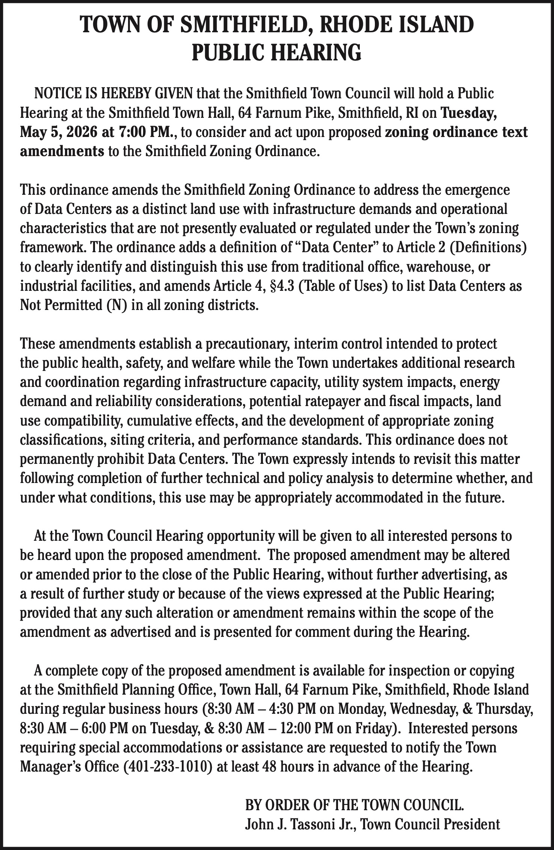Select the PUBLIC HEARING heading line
[277, 53]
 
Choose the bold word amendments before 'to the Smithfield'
[62, 152]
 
